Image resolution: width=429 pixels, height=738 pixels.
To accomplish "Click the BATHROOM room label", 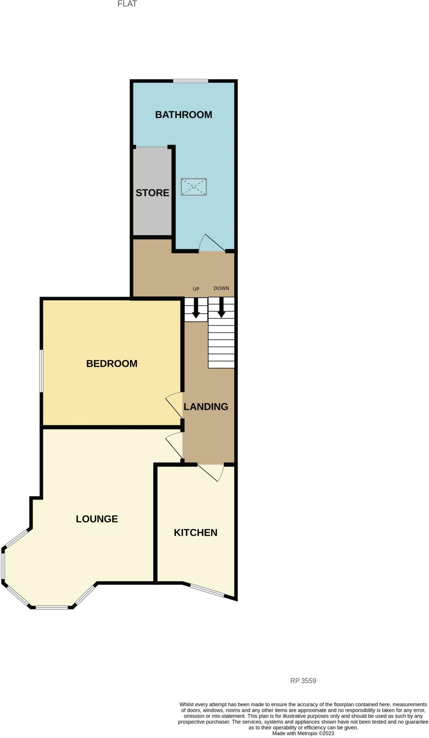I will point(183,115).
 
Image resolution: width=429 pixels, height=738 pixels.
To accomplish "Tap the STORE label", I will point(152,193).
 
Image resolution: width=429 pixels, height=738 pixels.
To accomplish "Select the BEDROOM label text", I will point(112,364).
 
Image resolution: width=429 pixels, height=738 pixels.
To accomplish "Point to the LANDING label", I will point(206,407).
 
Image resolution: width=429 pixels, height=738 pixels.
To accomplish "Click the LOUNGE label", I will point(97,519).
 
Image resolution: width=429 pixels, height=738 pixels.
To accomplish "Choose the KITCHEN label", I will point(195,533).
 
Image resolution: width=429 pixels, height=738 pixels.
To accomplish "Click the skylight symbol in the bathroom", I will point(194,187).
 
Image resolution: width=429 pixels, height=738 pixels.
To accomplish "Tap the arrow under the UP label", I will point(196,308).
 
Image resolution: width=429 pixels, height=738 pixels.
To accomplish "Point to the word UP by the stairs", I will point(196,289).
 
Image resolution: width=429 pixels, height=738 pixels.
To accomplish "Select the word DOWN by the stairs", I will point(221,288).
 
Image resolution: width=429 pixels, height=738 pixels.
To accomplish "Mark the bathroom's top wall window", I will point(190,81).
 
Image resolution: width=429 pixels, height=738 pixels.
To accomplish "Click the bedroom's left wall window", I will point(41,371).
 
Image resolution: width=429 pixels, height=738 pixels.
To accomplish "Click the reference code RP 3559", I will point(303,681).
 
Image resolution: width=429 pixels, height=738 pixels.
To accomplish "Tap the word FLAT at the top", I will point(127,4).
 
